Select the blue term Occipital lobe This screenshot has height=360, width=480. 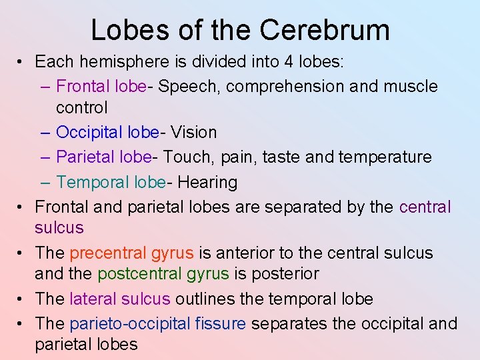[x=107, y=133]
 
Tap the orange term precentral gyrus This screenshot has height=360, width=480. [x=131, y=253]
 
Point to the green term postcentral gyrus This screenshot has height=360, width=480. [x=163, y=274]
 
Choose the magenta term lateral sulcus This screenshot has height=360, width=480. [x=120, y=299]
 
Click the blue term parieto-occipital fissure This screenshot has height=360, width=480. [x=158, y=324]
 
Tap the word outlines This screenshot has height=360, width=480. [x=204, y=299]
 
